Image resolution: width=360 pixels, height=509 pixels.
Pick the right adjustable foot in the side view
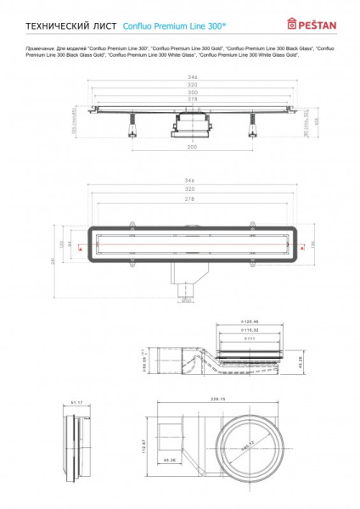[251, 127]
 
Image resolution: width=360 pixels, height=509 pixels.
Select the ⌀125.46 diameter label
[249, 322]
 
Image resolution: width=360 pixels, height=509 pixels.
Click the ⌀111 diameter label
[249, 338]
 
